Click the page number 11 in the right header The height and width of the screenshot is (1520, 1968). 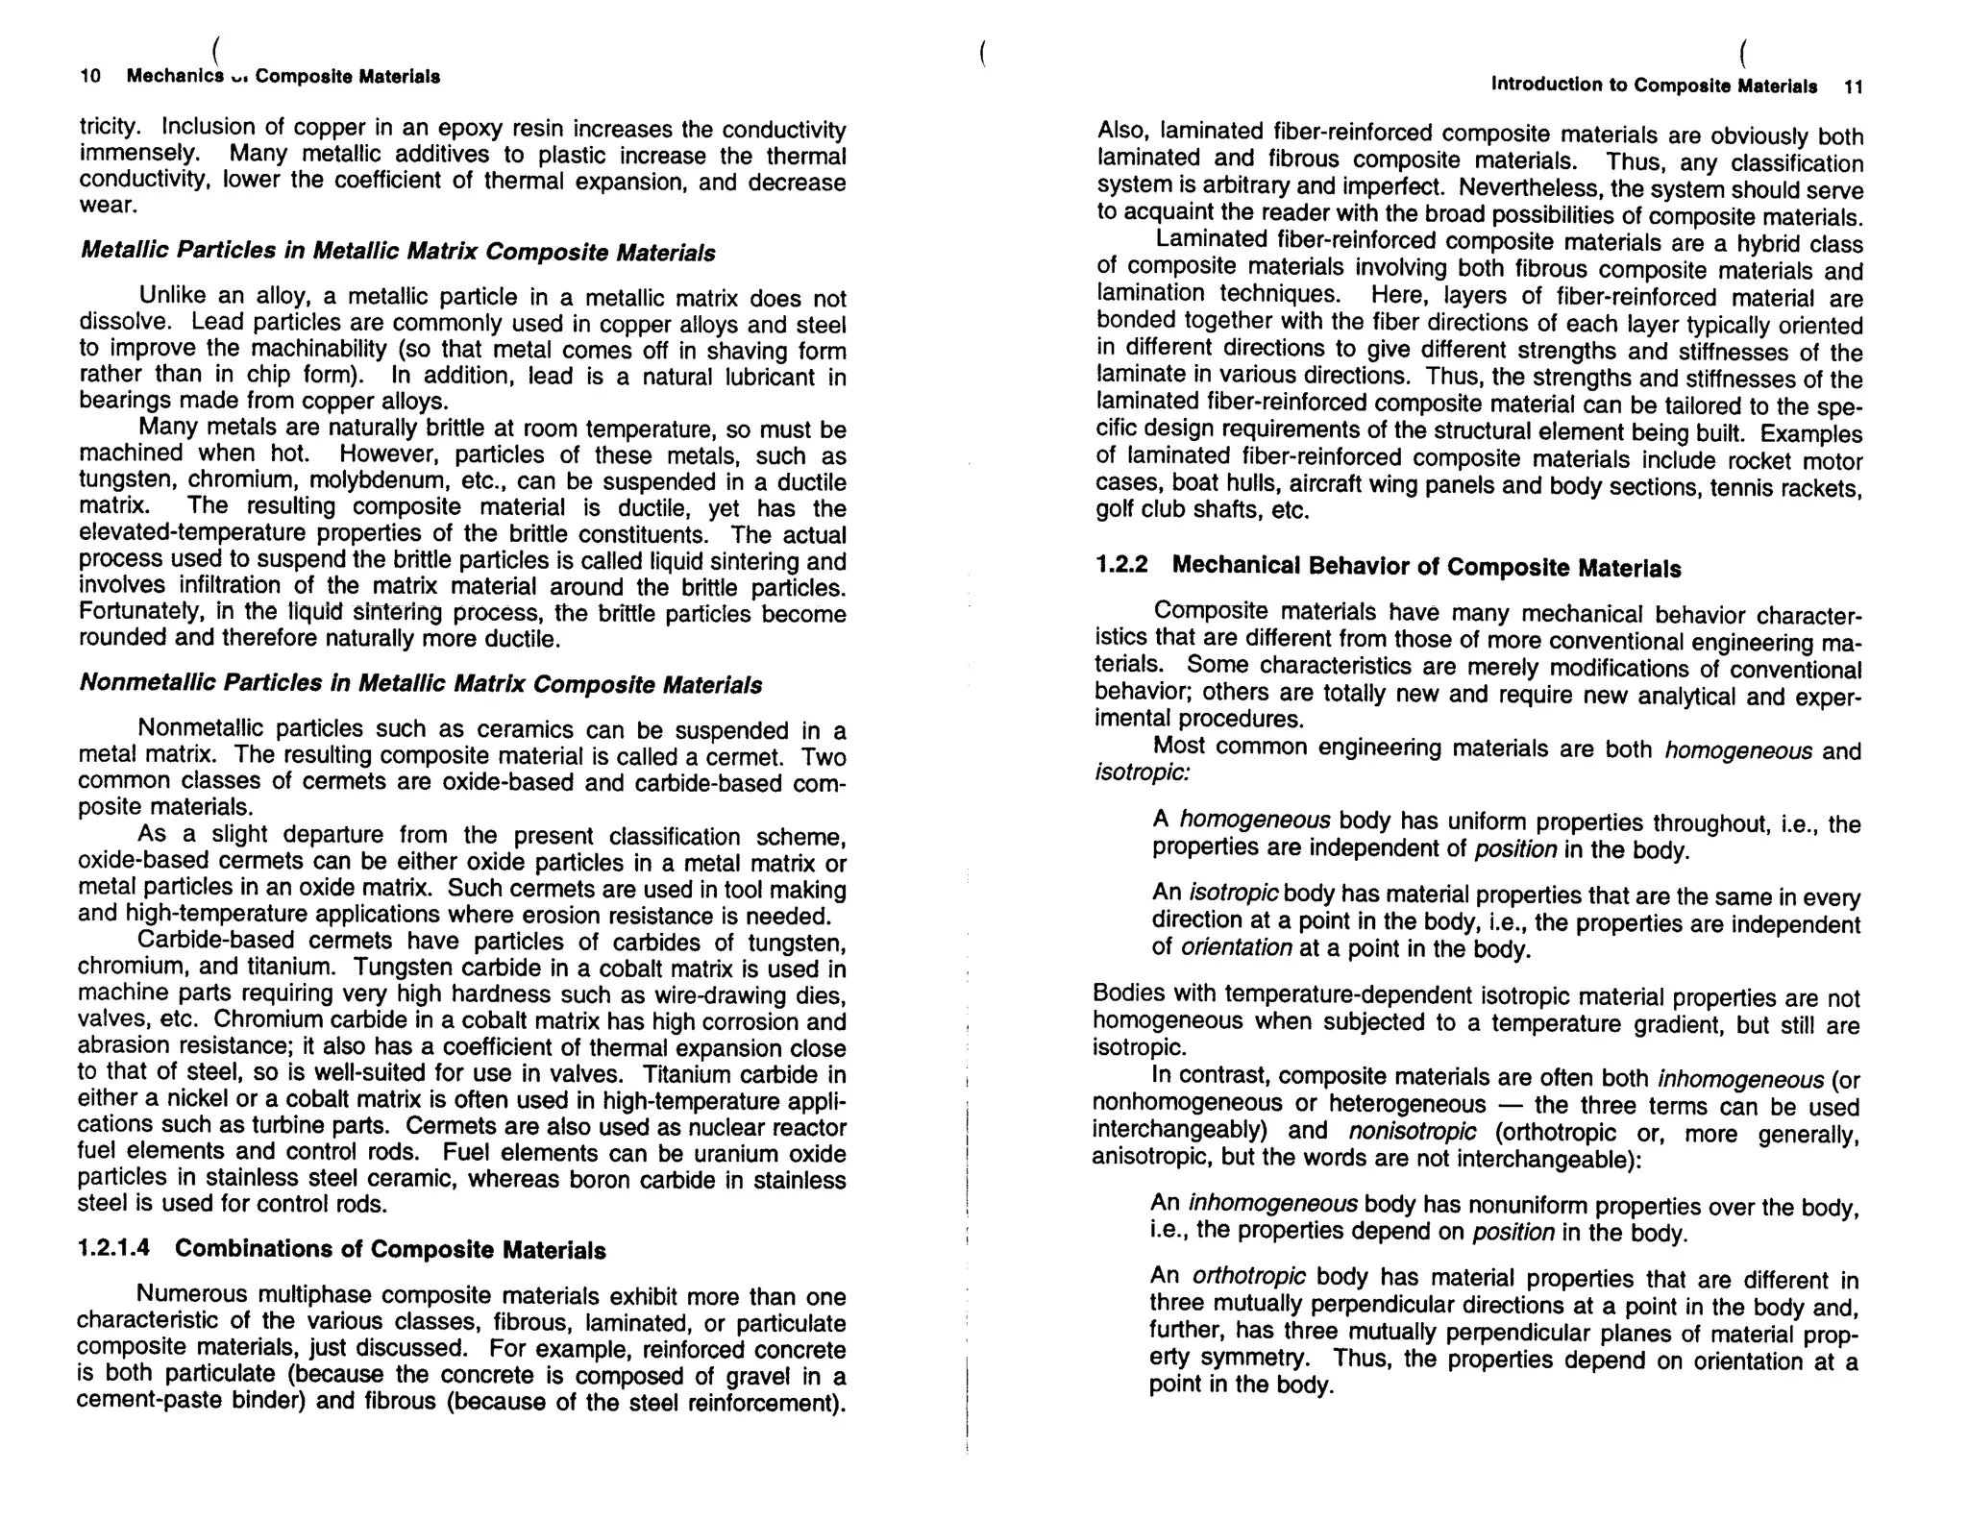[1854, 87]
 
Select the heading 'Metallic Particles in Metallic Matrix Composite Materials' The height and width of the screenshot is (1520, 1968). [398, 252]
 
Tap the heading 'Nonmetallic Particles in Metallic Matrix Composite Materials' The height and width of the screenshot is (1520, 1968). [421, 684]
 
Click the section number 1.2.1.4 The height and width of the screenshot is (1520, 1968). [114, 1248]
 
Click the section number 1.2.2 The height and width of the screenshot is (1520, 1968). [1121, 565]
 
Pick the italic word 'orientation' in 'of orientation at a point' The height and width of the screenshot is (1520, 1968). [1236, 948]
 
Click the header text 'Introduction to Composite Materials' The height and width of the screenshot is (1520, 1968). [1653, 86]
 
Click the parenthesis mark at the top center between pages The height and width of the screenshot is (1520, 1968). [982, 53]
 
